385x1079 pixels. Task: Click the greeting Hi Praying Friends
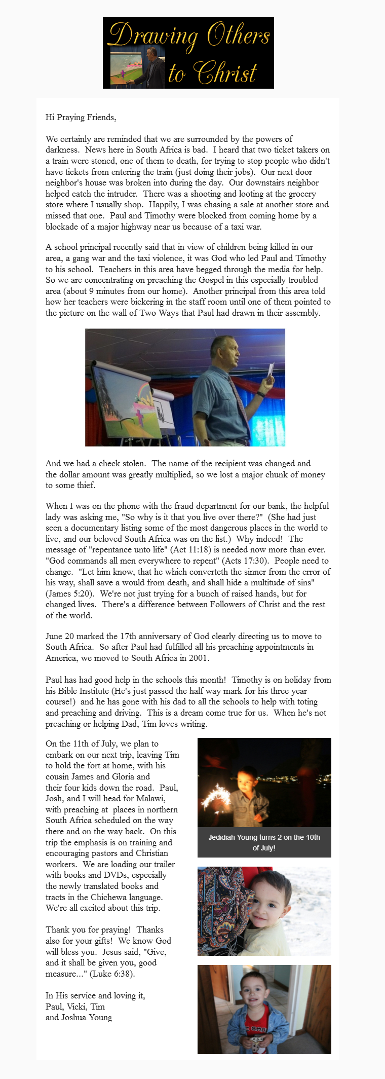81,117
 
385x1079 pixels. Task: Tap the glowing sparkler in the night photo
223,792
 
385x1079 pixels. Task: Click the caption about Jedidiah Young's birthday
264,842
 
